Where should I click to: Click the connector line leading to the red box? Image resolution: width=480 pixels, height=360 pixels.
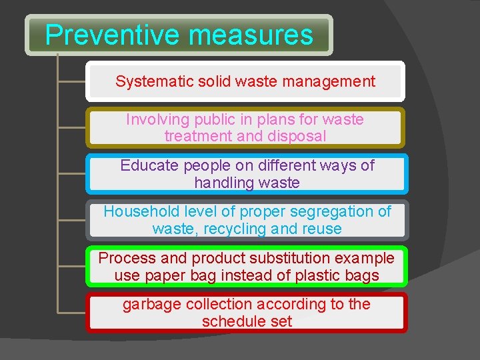point(72,311)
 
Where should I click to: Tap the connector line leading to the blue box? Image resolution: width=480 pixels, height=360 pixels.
point(72,173)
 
